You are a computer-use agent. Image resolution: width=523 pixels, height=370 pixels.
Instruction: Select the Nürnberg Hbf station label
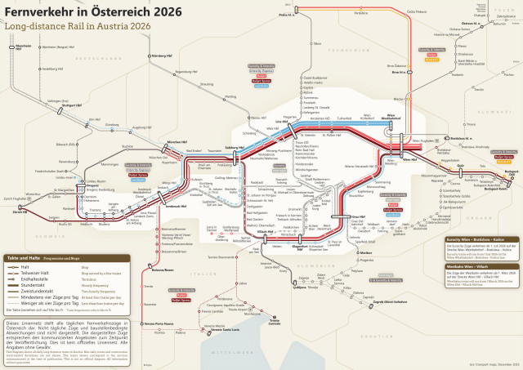coord(163,56)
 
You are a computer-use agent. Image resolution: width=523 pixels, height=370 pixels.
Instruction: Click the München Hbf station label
coord(178,142)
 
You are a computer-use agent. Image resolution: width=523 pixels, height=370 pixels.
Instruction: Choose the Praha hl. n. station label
coord(285,15)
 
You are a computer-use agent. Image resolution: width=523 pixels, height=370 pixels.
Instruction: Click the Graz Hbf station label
coord(357,217)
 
